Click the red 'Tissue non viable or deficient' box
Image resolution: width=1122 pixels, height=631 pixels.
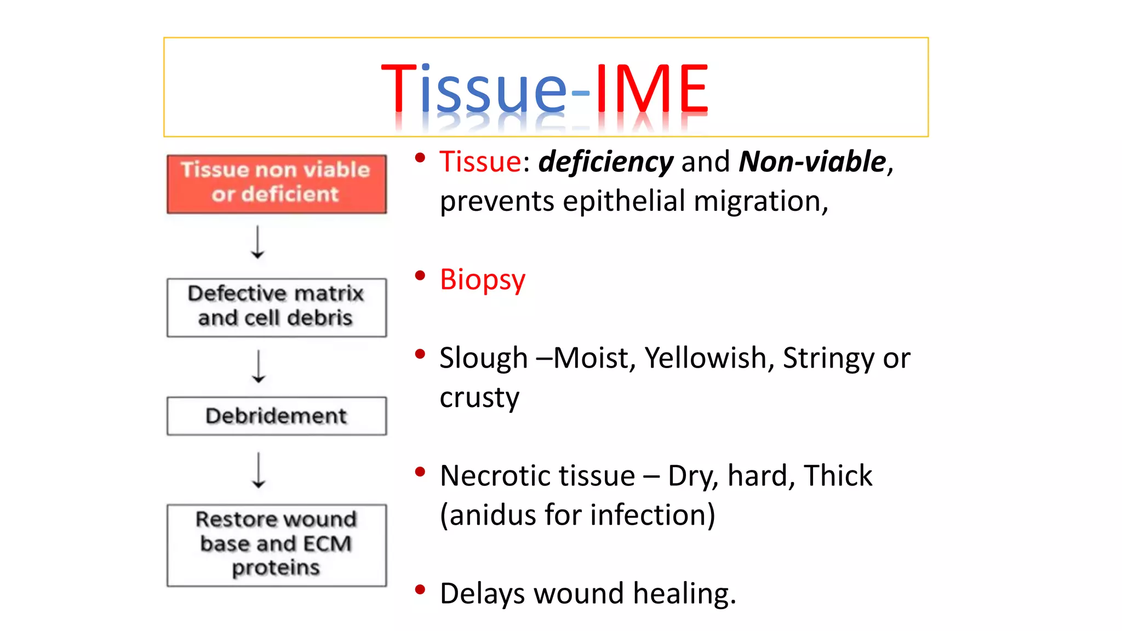tap(276, 183)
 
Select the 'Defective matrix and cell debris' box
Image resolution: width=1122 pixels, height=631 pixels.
tap(276, 307)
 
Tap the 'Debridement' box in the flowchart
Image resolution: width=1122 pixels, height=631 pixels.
tap(276, 416)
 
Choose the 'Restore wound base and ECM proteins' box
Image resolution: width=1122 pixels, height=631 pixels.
tap(276, 545)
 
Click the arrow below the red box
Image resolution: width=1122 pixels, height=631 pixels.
tap(257, 242)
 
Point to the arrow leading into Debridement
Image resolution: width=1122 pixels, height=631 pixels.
tap(259, 366)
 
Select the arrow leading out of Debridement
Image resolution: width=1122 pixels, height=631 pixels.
tap(259, 470)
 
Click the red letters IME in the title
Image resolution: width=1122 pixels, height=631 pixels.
tap(652, 89)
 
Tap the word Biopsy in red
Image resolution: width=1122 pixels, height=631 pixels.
tap(483, 280)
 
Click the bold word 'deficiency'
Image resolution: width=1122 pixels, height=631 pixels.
tap(605, 162)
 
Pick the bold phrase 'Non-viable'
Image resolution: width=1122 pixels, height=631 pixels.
tap(812, 162)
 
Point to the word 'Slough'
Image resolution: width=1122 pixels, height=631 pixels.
tap(483, 359)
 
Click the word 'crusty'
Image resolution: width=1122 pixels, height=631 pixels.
tap(479, 398)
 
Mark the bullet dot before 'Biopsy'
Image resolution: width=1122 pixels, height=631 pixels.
tap(420, 276)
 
